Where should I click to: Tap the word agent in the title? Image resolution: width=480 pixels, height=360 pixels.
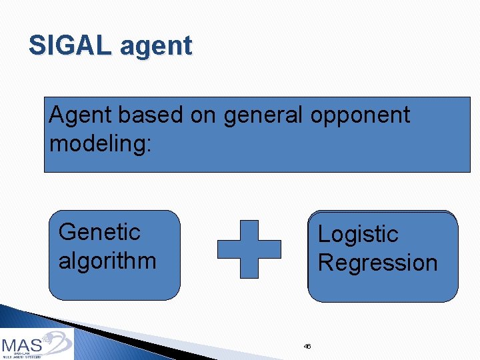(x=156, y=47)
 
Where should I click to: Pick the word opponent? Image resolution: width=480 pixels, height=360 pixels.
(x=361, y=115)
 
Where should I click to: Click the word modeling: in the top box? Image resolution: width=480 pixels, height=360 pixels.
(x=101, y=143)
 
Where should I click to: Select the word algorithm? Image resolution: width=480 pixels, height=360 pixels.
(x=107, y=260)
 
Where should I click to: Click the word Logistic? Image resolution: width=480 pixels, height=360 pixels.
(x=358, y=234)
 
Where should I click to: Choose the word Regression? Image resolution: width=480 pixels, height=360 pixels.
(x=377, y=263)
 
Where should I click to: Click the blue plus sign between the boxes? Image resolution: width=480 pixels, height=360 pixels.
(x=249, y=249)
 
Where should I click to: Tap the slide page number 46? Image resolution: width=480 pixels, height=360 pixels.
(x=307, y=346)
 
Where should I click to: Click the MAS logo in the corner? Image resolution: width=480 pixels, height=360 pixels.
(x=37, y=345)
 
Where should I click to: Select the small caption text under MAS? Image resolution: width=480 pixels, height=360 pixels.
(x=23, y=355)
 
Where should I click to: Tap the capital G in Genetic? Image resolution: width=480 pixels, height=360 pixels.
(x=67, y=232)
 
